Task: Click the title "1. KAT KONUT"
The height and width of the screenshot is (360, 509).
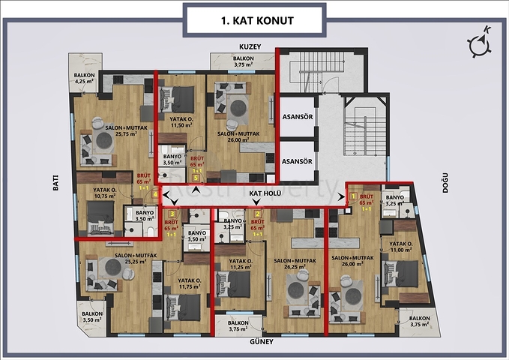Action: tap(255, 20)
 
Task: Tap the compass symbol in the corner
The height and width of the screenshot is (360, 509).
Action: tap(479, 43)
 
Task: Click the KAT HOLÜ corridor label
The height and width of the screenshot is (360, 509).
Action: tap(264, 193)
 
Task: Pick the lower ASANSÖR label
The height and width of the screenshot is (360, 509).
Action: tap(296, 160)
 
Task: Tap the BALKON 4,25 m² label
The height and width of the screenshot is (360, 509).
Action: tap(84, 79)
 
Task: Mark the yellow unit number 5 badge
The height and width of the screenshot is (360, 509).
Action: tap(195, 178)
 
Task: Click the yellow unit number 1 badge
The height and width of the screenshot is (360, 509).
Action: tap(354, 197)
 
